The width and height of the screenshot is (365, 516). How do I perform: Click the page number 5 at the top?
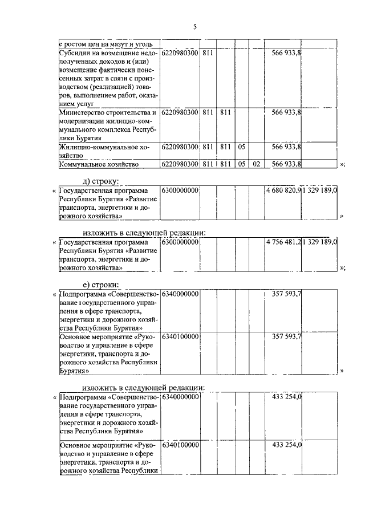click(194, 27)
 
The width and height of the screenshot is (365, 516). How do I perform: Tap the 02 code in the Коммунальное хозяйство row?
click(256, 164)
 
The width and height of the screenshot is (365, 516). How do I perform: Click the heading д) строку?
click(100, 181)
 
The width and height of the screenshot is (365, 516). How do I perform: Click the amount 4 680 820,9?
click(283, 190)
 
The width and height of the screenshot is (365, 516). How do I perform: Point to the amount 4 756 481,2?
click(283, 242)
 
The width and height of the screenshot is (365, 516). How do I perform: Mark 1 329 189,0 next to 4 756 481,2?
click(321, 242)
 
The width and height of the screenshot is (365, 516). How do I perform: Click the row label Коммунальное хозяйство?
click(100, 164)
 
